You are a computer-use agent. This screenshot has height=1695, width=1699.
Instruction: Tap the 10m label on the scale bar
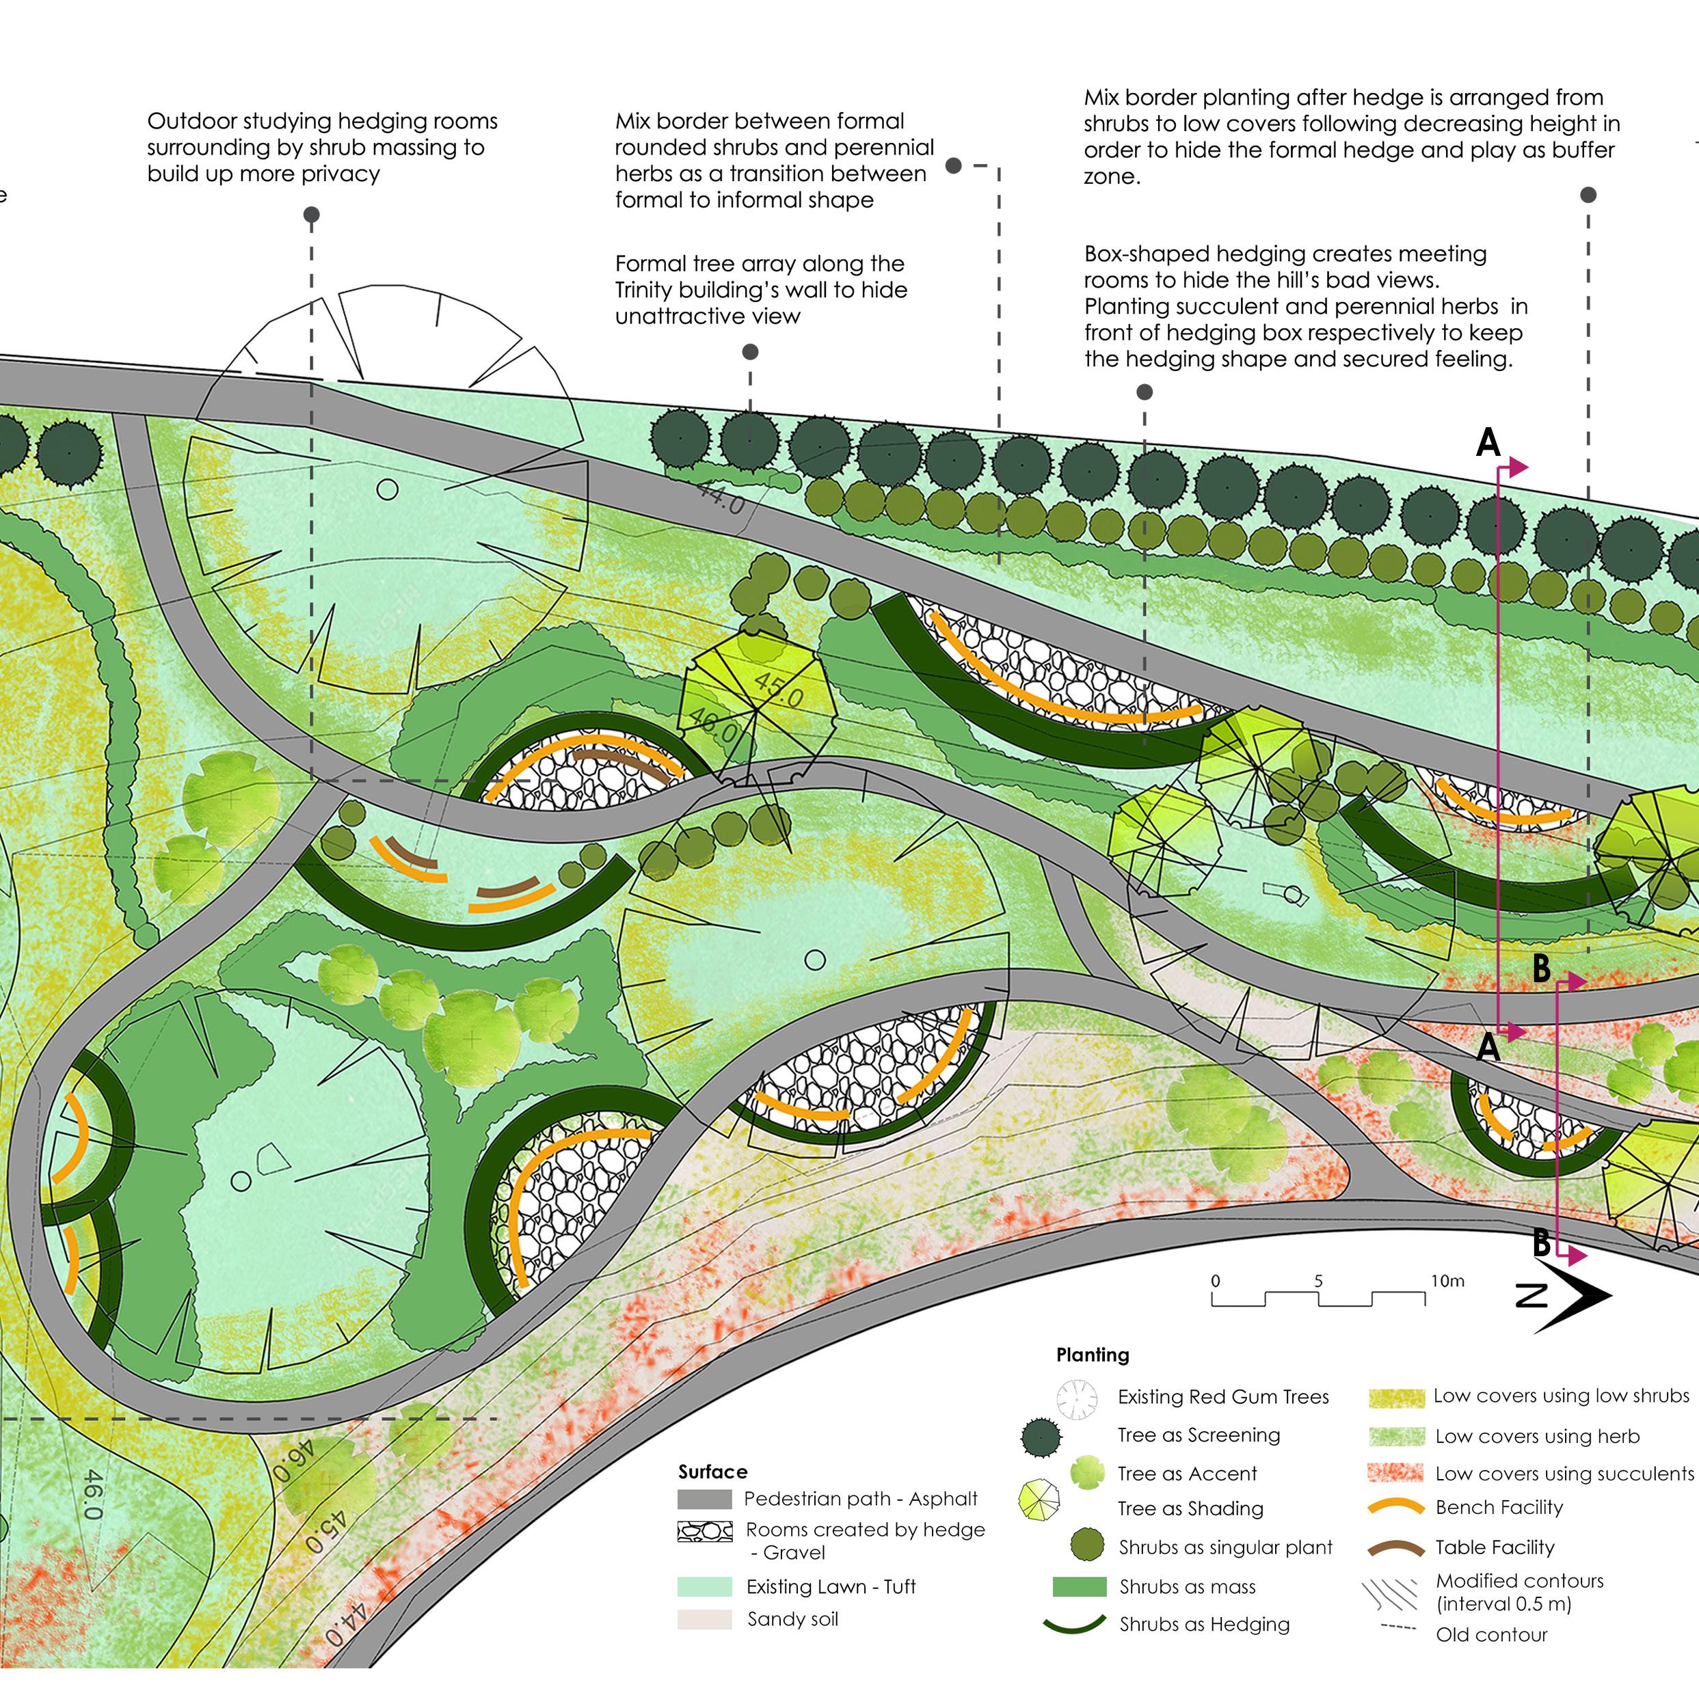click(x=1447, y=1281)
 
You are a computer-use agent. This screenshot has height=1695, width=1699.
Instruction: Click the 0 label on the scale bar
click(x=1216, y=1281)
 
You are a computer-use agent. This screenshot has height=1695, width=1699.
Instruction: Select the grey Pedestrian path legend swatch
click(x=704, y=1499)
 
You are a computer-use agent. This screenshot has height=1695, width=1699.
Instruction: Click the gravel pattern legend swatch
click(x=704, y=1532)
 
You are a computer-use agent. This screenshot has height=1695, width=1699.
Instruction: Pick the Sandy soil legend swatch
click(x=704, y=1619)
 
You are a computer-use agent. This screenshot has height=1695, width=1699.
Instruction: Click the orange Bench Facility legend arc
click(x=1395, y=1508)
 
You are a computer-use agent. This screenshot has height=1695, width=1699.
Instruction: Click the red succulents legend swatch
click(x=1395, y=1474)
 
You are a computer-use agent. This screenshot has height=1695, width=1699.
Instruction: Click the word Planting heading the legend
click(x=1093, y=1355)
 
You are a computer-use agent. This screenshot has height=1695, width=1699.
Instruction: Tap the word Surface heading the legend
click(x=712, y=1472)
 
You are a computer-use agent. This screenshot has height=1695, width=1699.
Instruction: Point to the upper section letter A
click(x=1487, y=442)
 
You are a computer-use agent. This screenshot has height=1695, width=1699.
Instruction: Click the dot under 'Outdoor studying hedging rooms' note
click(x=311, y=215)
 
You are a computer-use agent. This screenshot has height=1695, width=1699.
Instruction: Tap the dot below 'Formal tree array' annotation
click(x=750, y=352)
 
